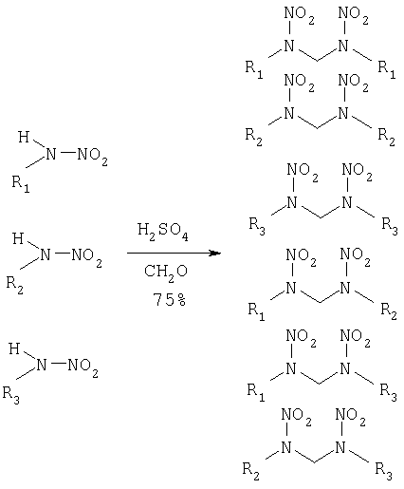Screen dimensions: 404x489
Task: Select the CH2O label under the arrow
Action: click(166, 273)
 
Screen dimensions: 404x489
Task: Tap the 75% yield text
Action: click(170, 299)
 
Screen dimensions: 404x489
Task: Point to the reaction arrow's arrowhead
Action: click(215, 253)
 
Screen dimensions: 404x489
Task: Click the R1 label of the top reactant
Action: click(21, 184)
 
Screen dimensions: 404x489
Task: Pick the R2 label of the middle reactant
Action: click(15, 285)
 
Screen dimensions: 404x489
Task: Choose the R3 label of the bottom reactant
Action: click(11, 395)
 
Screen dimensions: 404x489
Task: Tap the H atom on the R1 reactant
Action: click(24, 137)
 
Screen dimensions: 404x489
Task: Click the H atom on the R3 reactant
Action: click(14, 348)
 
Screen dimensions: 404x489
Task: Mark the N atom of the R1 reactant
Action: click(50, 154)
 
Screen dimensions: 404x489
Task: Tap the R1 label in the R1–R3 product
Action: click(256, 392)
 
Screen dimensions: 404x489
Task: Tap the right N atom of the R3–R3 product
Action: click(347, 202)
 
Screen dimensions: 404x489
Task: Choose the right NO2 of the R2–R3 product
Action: click(350, 416)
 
